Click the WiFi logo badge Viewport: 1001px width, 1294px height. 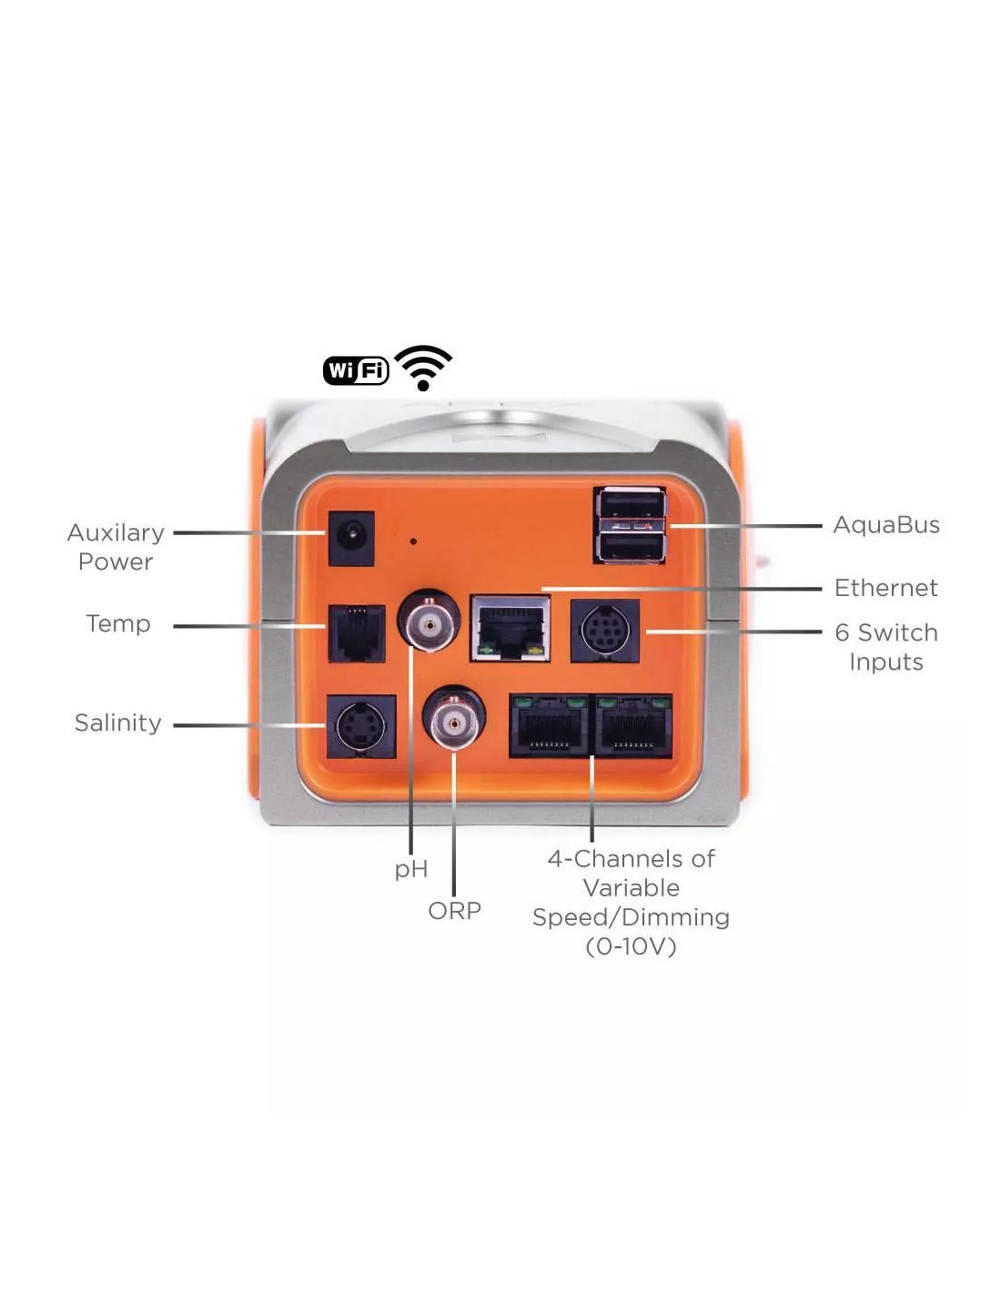356,370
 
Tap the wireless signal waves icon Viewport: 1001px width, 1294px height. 423,368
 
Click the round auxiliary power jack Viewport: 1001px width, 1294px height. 350,539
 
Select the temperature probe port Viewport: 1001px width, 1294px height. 356,632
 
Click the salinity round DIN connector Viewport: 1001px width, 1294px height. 360,727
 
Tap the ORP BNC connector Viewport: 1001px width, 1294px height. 453,723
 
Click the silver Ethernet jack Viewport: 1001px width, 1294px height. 510,628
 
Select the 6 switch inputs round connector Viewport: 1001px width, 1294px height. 604,631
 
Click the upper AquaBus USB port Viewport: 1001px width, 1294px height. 630,506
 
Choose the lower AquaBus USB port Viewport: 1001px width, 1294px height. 630,546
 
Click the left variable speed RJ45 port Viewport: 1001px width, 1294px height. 550,726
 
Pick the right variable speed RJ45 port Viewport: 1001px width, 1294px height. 633,726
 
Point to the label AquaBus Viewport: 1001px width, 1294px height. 885,525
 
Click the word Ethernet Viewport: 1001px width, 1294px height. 885,588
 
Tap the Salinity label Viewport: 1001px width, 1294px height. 117,723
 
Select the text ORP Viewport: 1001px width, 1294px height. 454,910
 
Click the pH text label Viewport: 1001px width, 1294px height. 410,870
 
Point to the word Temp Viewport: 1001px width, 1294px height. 117,624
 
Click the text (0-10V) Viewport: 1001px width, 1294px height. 631,946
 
